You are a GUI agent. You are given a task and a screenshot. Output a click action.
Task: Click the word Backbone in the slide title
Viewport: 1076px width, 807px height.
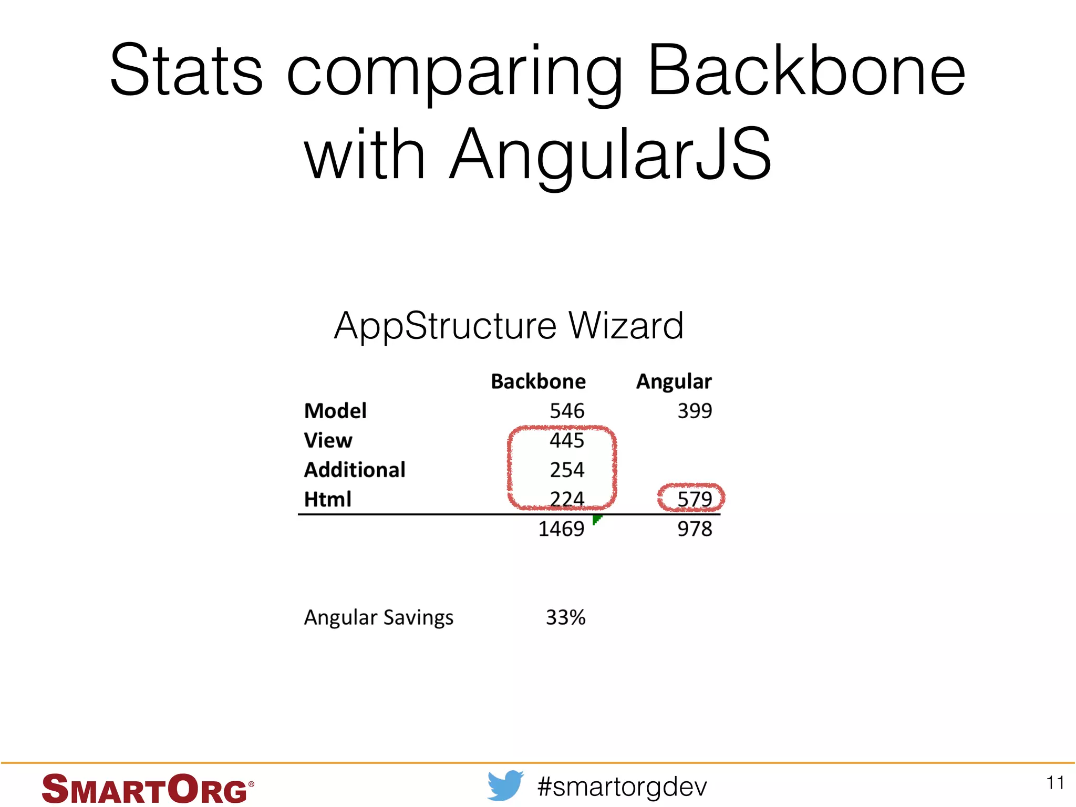806,71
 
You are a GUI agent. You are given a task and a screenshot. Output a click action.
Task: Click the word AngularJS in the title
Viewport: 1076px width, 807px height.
611,155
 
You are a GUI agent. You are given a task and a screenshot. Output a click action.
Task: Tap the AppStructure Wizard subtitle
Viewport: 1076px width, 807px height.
509,326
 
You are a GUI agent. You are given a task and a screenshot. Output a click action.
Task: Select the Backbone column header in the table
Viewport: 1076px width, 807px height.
538,381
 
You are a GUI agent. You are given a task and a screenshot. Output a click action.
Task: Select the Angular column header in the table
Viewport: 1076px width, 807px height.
674,381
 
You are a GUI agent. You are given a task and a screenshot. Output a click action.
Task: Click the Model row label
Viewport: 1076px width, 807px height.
335,411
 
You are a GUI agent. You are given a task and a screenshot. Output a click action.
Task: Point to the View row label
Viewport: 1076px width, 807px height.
328,440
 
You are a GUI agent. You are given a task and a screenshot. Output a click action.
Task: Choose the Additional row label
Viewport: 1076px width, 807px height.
355,470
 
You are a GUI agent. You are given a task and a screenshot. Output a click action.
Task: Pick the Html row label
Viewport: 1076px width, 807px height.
327,499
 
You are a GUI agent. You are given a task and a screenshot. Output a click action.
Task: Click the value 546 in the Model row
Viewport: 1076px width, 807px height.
567,411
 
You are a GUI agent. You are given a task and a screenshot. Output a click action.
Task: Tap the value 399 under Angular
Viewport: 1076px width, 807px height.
695,411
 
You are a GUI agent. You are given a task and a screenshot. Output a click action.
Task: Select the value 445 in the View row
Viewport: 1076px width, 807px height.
567,440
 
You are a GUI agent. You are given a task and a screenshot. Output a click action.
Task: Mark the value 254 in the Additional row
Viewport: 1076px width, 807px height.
567,470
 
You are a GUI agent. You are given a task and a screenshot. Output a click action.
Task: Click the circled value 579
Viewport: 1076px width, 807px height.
694,499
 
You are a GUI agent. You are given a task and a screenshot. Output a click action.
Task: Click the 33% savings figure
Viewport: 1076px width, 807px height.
565,617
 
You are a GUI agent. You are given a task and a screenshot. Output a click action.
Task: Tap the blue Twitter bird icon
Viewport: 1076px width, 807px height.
505,785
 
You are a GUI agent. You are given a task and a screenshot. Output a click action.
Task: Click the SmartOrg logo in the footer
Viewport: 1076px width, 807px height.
147,789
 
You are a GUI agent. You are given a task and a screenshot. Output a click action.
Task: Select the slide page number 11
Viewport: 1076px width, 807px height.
1055,783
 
